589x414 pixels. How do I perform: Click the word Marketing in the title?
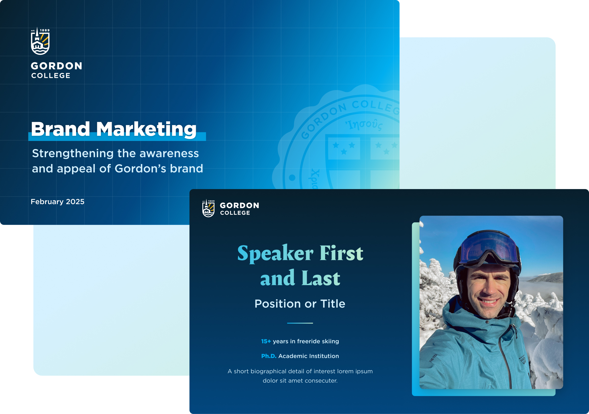pyautogui.click(x=147, y=130)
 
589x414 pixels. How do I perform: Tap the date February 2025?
pyautogui.click(x=57, y=202)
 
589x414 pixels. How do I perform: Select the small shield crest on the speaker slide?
pyautogui.click(x=208, y=208)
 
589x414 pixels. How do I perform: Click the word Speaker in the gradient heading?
pyautogui.click(x=275, y=253)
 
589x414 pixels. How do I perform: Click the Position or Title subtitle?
pyautogui.click(x=300, y=304)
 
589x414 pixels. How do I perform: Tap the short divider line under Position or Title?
pyautogui.click(x=300, y=323)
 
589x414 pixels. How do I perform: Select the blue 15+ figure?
pyautogui.click(x=266, y=341)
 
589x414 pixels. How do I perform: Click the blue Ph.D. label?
pyautogui.click(x=268, y=356)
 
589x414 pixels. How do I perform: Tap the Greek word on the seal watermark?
pyautogui.click(x=364, y=125)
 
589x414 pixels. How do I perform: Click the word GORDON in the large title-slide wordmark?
pyautogui.click(x=56, y=66)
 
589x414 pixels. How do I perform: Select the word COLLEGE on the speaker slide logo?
pyautogui.click(x=235, y=213)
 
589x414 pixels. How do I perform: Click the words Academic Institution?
pyautogui.click(x=308, y=356)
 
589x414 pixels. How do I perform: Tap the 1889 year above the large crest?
pyautogui.click(x=45, y=30)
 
